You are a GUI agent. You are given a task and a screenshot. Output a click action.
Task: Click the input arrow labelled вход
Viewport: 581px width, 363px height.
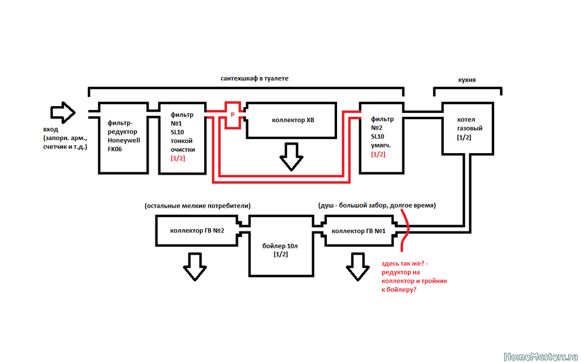(63, 112)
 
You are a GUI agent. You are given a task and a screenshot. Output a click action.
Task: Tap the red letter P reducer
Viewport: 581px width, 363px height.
(233, 115)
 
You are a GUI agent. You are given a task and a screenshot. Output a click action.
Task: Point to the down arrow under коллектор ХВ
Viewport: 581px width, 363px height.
(291, 157)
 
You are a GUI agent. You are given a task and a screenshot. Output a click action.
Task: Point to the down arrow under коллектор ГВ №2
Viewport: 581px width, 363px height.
(195, 267)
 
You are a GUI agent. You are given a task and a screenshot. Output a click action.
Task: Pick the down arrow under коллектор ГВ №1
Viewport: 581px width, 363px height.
(357, 267)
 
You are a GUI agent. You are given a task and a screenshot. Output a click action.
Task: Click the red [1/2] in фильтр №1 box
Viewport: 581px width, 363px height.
(178, 159)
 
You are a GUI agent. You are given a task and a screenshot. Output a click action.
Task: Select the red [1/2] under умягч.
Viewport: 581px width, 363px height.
(378, 154)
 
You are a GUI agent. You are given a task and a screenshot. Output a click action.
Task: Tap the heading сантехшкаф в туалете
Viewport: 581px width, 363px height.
(254, 78)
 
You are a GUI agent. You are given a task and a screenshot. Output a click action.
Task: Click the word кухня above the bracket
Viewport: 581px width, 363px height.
(467, 79)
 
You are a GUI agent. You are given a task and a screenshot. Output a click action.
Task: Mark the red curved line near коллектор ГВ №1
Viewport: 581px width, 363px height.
(408, 230)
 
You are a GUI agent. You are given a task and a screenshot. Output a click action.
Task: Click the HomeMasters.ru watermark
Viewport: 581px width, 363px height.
(541, 357)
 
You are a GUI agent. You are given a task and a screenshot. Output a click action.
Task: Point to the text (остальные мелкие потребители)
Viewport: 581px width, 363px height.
(197, 206)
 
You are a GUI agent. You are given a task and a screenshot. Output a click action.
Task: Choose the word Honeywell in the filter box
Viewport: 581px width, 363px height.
(124, 141)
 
